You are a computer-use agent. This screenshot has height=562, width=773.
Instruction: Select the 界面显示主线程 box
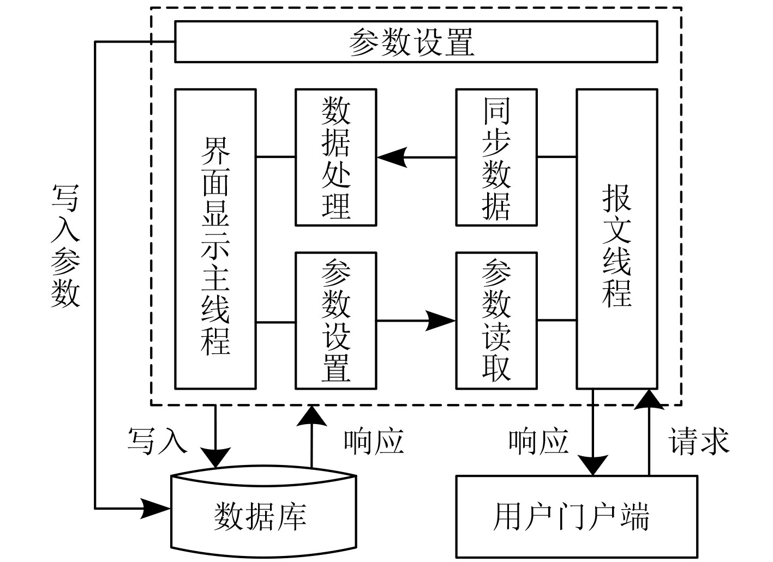point(215,239)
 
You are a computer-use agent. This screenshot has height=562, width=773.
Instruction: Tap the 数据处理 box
point(335,157)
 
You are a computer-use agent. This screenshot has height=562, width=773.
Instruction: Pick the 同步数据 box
point(496,157)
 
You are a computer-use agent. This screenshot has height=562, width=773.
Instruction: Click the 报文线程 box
point(616,239)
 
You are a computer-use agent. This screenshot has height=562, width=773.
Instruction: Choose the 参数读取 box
point(496,320)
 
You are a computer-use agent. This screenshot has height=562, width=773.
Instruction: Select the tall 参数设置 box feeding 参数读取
point(335,320)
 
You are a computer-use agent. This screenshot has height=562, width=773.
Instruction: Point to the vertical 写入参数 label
point(65,245)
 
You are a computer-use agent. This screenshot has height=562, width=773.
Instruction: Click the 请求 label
point(699,440)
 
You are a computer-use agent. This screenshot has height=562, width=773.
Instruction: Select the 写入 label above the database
point(157,440)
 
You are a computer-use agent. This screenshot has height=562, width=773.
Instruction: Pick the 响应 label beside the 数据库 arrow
point(374,440)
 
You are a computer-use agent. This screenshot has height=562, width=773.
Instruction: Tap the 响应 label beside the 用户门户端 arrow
point(538,440)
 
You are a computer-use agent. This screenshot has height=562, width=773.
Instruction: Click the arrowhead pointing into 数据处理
point(392,157)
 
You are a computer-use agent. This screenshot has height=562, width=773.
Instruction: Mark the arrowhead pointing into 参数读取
point(441,321)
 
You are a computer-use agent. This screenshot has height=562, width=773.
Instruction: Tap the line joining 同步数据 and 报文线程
point(557,157)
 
